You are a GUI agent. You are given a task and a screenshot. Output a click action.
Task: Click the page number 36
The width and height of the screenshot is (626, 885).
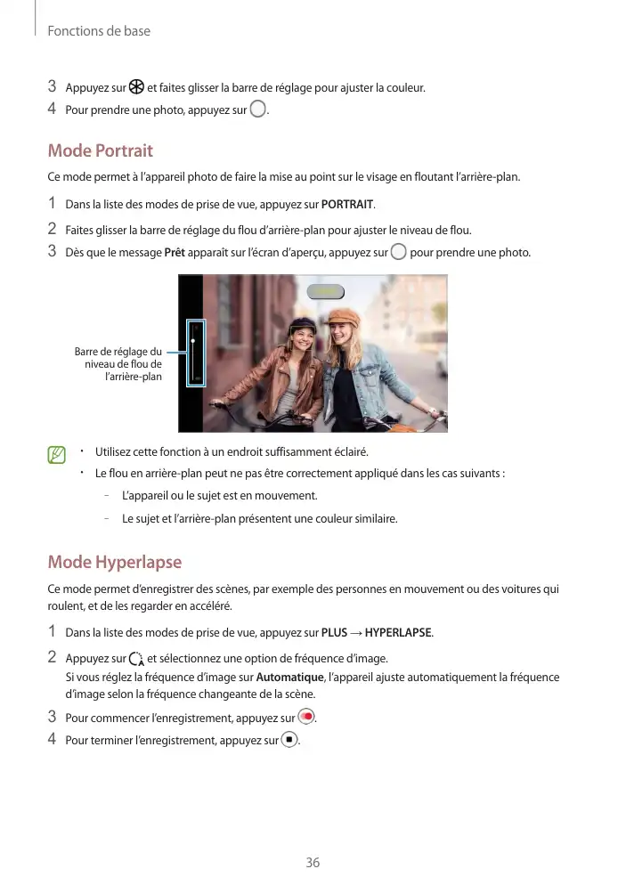(313, 862)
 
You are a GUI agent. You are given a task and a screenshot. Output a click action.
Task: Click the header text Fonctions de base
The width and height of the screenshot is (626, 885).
(99, 31)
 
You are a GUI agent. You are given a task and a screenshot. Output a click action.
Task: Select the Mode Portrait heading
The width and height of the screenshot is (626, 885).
(100, 150)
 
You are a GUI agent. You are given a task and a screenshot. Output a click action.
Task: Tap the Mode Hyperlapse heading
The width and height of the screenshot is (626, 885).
(114, 562)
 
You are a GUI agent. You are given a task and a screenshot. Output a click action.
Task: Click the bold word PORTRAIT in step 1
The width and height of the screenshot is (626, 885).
(347, 207)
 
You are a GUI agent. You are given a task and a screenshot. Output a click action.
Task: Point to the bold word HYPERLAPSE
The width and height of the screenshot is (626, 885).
(398, 633)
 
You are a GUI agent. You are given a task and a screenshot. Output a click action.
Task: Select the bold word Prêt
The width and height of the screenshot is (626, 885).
(175, 253)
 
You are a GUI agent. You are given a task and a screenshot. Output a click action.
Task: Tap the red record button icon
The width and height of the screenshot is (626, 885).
(307, 718)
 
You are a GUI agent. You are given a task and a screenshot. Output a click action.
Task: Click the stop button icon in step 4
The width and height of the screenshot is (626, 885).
(289, 740)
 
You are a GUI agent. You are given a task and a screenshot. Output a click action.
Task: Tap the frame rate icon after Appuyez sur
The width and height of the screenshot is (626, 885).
(136, 659)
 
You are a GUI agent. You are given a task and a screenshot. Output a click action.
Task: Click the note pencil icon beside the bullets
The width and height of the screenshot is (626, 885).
(58, 456)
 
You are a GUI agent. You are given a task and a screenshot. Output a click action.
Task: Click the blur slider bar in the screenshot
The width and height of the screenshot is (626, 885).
(195, 353)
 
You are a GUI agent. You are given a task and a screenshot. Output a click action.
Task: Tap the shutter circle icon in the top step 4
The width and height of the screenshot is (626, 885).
(258, 110)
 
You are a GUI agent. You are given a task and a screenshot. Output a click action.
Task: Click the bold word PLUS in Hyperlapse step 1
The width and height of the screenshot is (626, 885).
(334, 633)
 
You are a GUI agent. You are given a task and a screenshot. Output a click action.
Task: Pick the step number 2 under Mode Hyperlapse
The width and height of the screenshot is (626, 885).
(53, 657)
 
